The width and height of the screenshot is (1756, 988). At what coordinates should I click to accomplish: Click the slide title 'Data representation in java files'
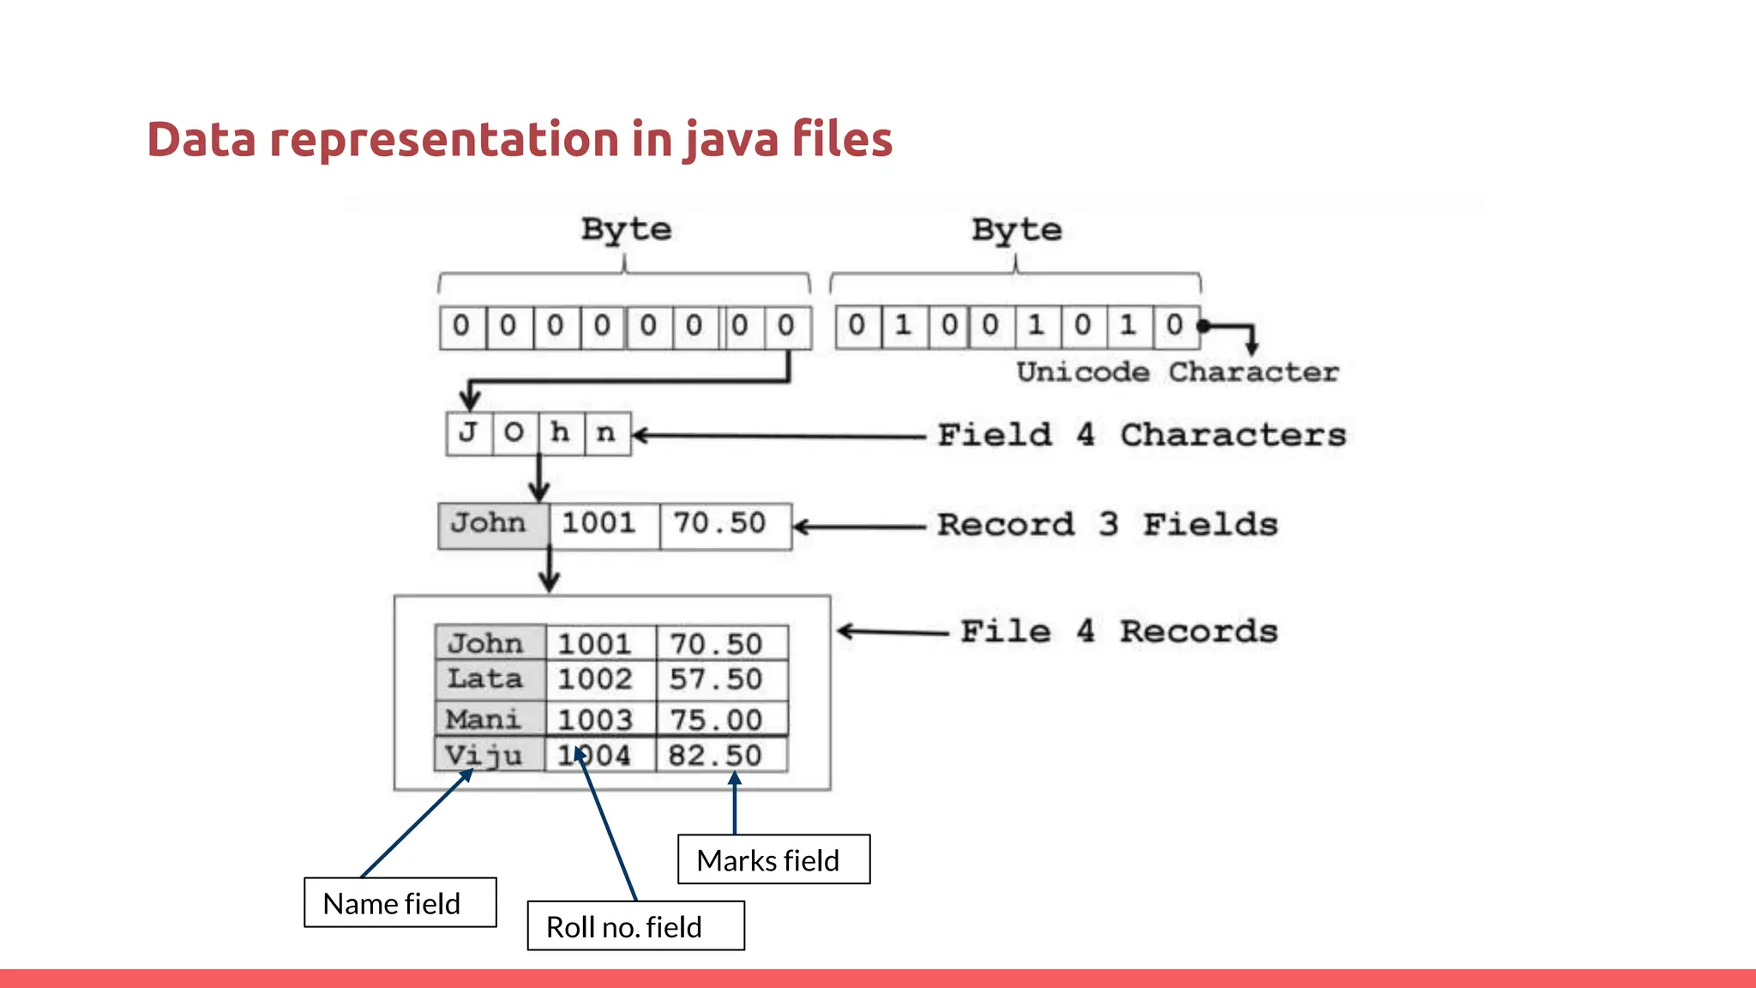tap(520, 139)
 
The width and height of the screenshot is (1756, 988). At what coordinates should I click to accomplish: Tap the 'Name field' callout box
tap(400, 902)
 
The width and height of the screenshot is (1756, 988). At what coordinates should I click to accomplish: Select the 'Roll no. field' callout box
tap(635, 925)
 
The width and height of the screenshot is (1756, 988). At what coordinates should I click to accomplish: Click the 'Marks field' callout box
tap(773, 859)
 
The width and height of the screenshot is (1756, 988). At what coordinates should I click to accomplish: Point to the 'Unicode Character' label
tap(1177, 372)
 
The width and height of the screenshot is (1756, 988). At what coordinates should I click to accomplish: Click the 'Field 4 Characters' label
tap(1140, 435)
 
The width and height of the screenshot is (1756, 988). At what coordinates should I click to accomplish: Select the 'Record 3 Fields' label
tap(1107, 524)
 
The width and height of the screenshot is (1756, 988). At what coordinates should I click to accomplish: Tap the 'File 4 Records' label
tap(1118, 631)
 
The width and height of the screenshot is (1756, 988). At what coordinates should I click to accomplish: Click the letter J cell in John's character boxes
tap(469, 433)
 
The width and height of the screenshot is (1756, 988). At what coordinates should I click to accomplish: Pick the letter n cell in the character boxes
tap(607, 433)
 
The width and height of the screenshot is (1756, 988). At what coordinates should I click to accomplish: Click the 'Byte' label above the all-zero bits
tap(626, 230)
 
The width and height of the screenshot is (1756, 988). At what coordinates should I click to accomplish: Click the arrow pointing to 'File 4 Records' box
tap(892, 632)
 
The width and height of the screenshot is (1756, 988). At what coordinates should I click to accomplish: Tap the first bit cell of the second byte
tap(857, 326)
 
